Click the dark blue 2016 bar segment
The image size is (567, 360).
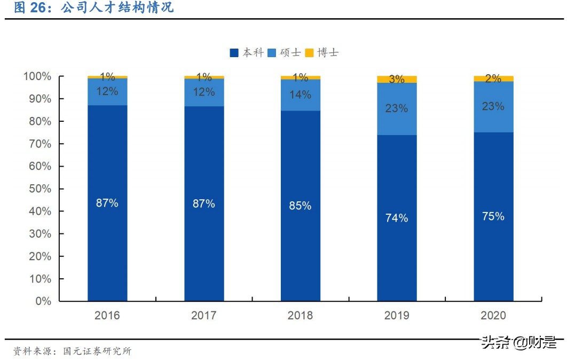(x=107, y=240)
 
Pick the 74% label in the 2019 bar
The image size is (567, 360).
(x=397, y=218)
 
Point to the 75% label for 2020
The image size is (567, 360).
(x=493, y=216)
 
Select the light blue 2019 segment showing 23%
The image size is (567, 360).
(x=397, y=109)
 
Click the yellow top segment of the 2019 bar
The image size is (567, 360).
(x=397, y=80)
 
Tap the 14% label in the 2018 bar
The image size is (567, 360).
(x=300, y=95)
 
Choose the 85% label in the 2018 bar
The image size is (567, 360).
(x=300, y=206)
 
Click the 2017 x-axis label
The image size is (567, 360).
(x=204, y=316)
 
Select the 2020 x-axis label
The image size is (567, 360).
(x=493, y=316)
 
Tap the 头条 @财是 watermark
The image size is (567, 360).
(x=518, y=342)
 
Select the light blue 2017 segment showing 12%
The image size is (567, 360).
(x=204, y=92)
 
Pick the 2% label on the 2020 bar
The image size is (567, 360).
(x=493, y=79)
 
